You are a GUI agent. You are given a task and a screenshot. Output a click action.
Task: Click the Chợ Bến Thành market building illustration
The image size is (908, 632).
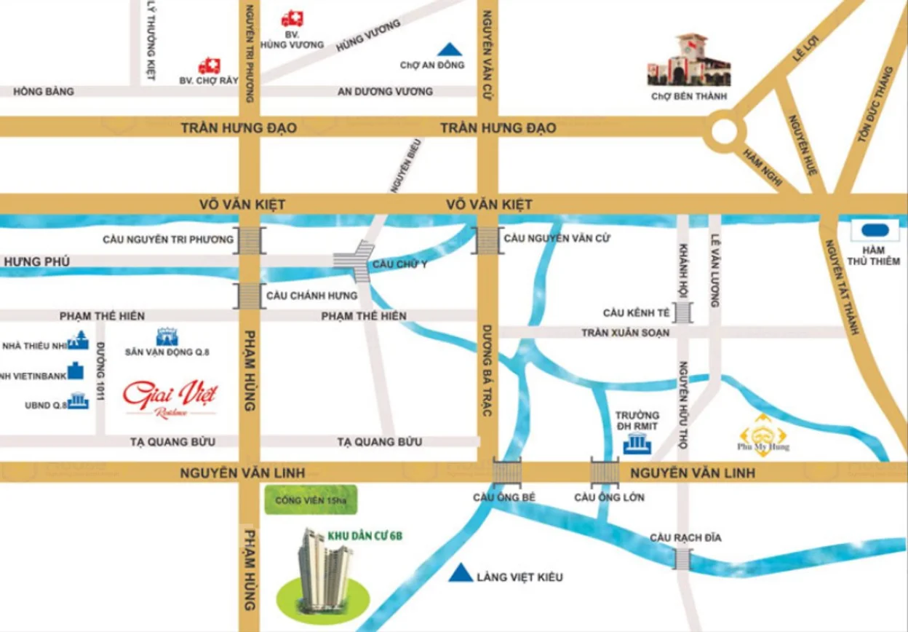click(x=688, y=60)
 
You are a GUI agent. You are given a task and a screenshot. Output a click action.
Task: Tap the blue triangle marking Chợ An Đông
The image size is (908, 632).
click(x=450, y=50)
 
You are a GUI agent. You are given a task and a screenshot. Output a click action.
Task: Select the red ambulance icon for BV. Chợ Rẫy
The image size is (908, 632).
click(x=209, y=66)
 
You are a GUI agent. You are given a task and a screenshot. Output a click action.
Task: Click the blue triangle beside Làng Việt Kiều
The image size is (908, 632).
click(x=458, y=574)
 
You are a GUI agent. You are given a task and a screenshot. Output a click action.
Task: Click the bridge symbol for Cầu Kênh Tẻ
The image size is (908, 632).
click(x=683, y=312)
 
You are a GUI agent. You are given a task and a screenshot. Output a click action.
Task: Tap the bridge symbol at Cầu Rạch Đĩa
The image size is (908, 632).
click(x=682, y=559)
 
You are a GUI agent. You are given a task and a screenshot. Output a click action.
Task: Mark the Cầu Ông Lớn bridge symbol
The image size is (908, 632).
click(x=604, y=473)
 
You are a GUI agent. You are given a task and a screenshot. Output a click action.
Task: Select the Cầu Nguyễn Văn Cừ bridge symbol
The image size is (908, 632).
click(x=485, y=240)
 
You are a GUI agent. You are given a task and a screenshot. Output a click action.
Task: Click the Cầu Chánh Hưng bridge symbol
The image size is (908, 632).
click(x=249, y=296)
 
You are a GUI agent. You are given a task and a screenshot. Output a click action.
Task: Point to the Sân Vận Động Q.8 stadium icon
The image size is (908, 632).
click(x=167, y=336)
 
